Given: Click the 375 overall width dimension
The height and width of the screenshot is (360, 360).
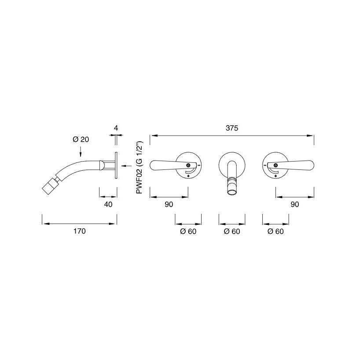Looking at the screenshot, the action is point(231,128).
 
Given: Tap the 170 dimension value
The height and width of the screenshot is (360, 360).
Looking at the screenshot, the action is point(80,231).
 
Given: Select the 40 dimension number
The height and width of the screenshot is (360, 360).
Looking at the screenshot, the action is point(108,204).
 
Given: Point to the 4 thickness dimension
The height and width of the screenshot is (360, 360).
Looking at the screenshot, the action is point(116,128).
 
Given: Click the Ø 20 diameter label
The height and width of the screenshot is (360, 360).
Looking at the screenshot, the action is point(81,140).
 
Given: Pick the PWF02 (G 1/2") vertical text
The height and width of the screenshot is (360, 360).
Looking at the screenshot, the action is point(140,168).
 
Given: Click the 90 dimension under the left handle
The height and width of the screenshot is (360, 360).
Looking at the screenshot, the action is point(169,204).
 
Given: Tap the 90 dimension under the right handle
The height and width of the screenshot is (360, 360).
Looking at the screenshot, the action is point(295,204).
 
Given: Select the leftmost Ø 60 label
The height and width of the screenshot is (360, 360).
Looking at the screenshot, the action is point(188,231).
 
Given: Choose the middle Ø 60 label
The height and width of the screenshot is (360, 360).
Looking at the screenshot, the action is point(232,231).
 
